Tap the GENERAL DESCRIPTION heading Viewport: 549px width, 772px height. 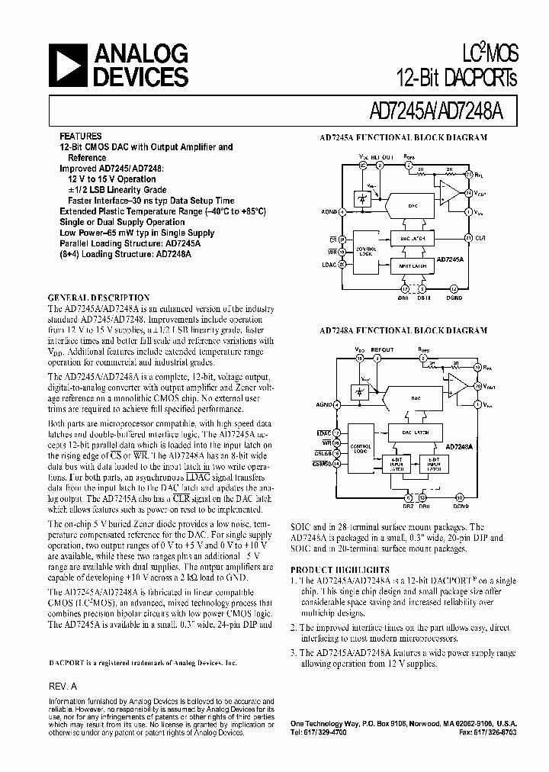[99, 298]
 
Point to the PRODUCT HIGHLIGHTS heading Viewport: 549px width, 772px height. [340, 570]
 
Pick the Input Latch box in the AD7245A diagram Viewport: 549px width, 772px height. [416, 267]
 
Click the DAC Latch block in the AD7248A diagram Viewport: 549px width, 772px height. [416, 433]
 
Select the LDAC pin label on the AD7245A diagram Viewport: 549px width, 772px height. [330, 265]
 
